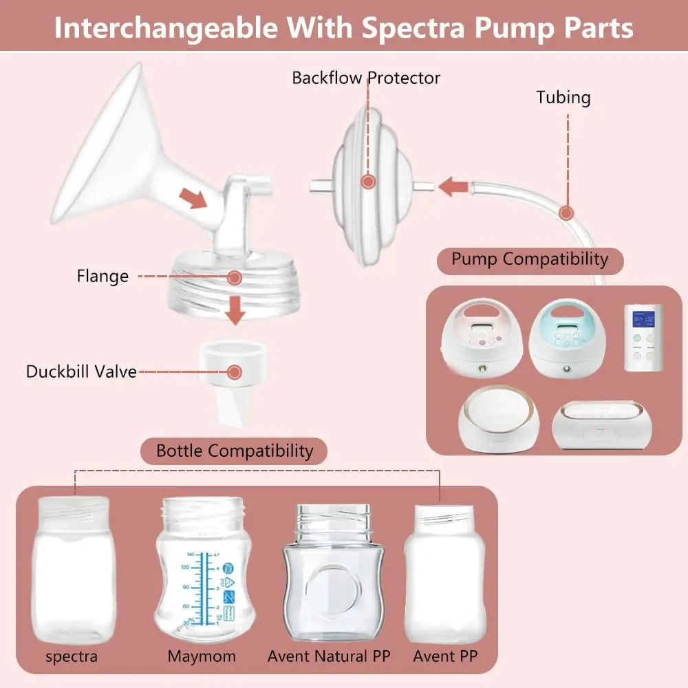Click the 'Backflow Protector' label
click(x=366, y=78)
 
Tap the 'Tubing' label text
click(x=563, y=98)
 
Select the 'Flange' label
click(x=103, y=277)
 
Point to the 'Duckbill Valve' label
click(x=81, y=372)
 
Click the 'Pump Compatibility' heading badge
click(x=530, y=259)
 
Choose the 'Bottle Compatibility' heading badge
click(x=234, y=451)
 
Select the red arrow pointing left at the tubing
click(x=454, y=186)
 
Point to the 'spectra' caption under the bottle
click(x=72, y=656)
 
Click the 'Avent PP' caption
click(x=445, y=656)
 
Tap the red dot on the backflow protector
click(x=369, y=182)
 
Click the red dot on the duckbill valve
click(x=235, y=372)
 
